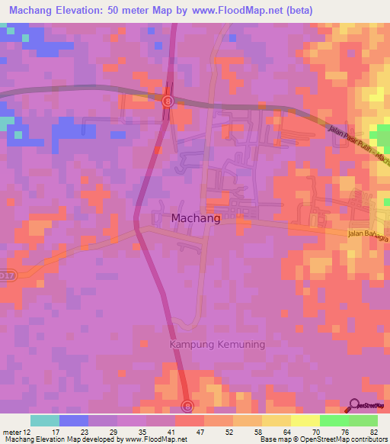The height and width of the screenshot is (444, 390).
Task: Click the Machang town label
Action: tap(196, 218)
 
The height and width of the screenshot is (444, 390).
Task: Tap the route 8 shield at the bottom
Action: tap(187, 405)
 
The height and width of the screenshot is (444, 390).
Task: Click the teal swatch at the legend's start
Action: tap(45, 420)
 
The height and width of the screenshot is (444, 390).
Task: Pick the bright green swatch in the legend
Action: tap(334, 420)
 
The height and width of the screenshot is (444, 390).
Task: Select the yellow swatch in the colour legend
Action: tap(277, 420)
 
